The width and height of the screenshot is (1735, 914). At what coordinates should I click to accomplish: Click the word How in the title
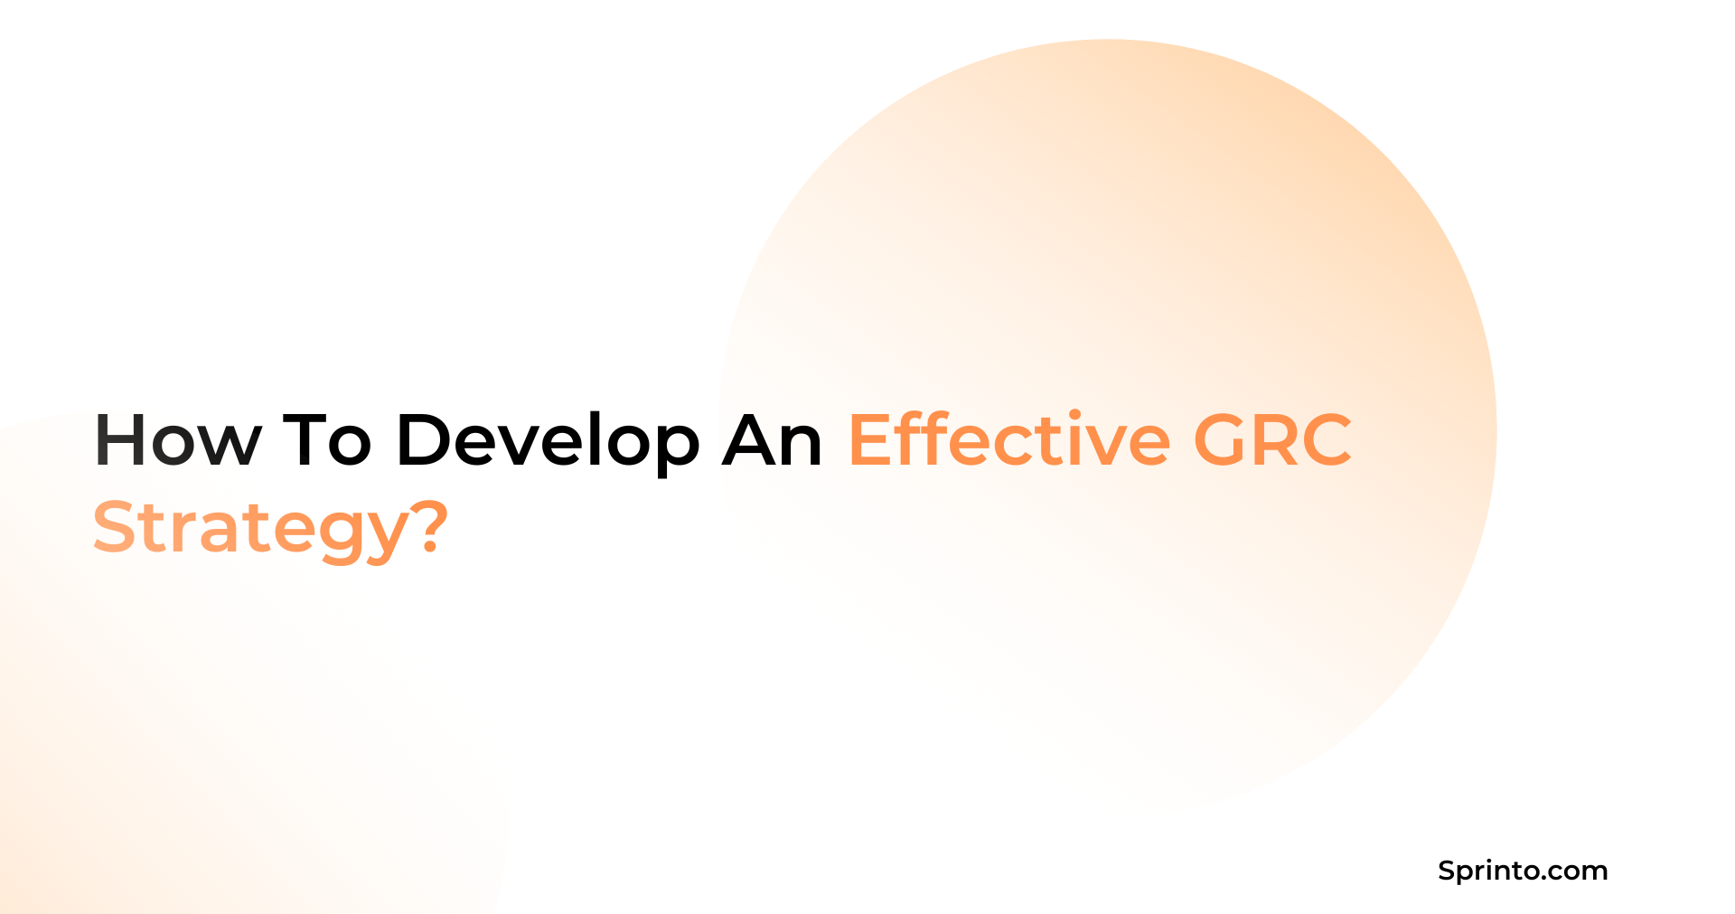pyautogui.click(x=177, y=440)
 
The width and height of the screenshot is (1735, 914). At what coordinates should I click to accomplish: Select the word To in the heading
pyautogui.click(x=327, y=440)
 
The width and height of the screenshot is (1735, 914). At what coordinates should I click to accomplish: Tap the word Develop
pyautogui.click(x=548, y=440)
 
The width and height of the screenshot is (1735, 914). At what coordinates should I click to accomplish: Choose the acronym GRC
pyautogui.click(x=1272, y=440)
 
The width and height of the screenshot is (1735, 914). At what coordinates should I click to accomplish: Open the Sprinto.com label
pyautogui.click(x=1523, y=871)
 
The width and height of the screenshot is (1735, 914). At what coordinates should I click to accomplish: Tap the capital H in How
pyautogui.click(x=119, y=440)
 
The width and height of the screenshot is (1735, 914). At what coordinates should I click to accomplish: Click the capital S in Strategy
pyautogui.click(x=115, y=527)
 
